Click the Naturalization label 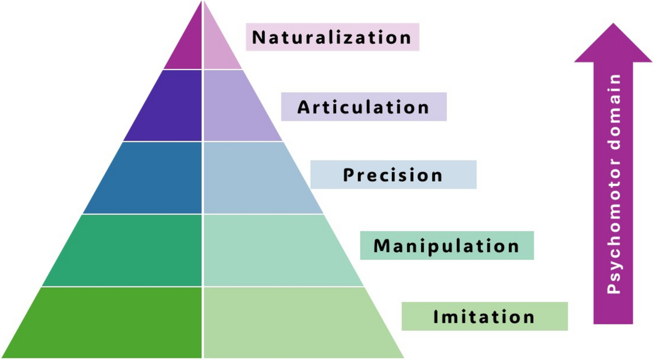332,37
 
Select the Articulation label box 363,107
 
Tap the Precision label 393,175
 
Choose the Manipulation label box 446,246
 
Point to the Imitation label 484,317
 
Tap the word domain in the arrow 614,113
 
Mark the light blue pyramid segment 257,178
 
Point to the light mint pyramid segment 278,250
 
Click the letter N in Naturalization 259,37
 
